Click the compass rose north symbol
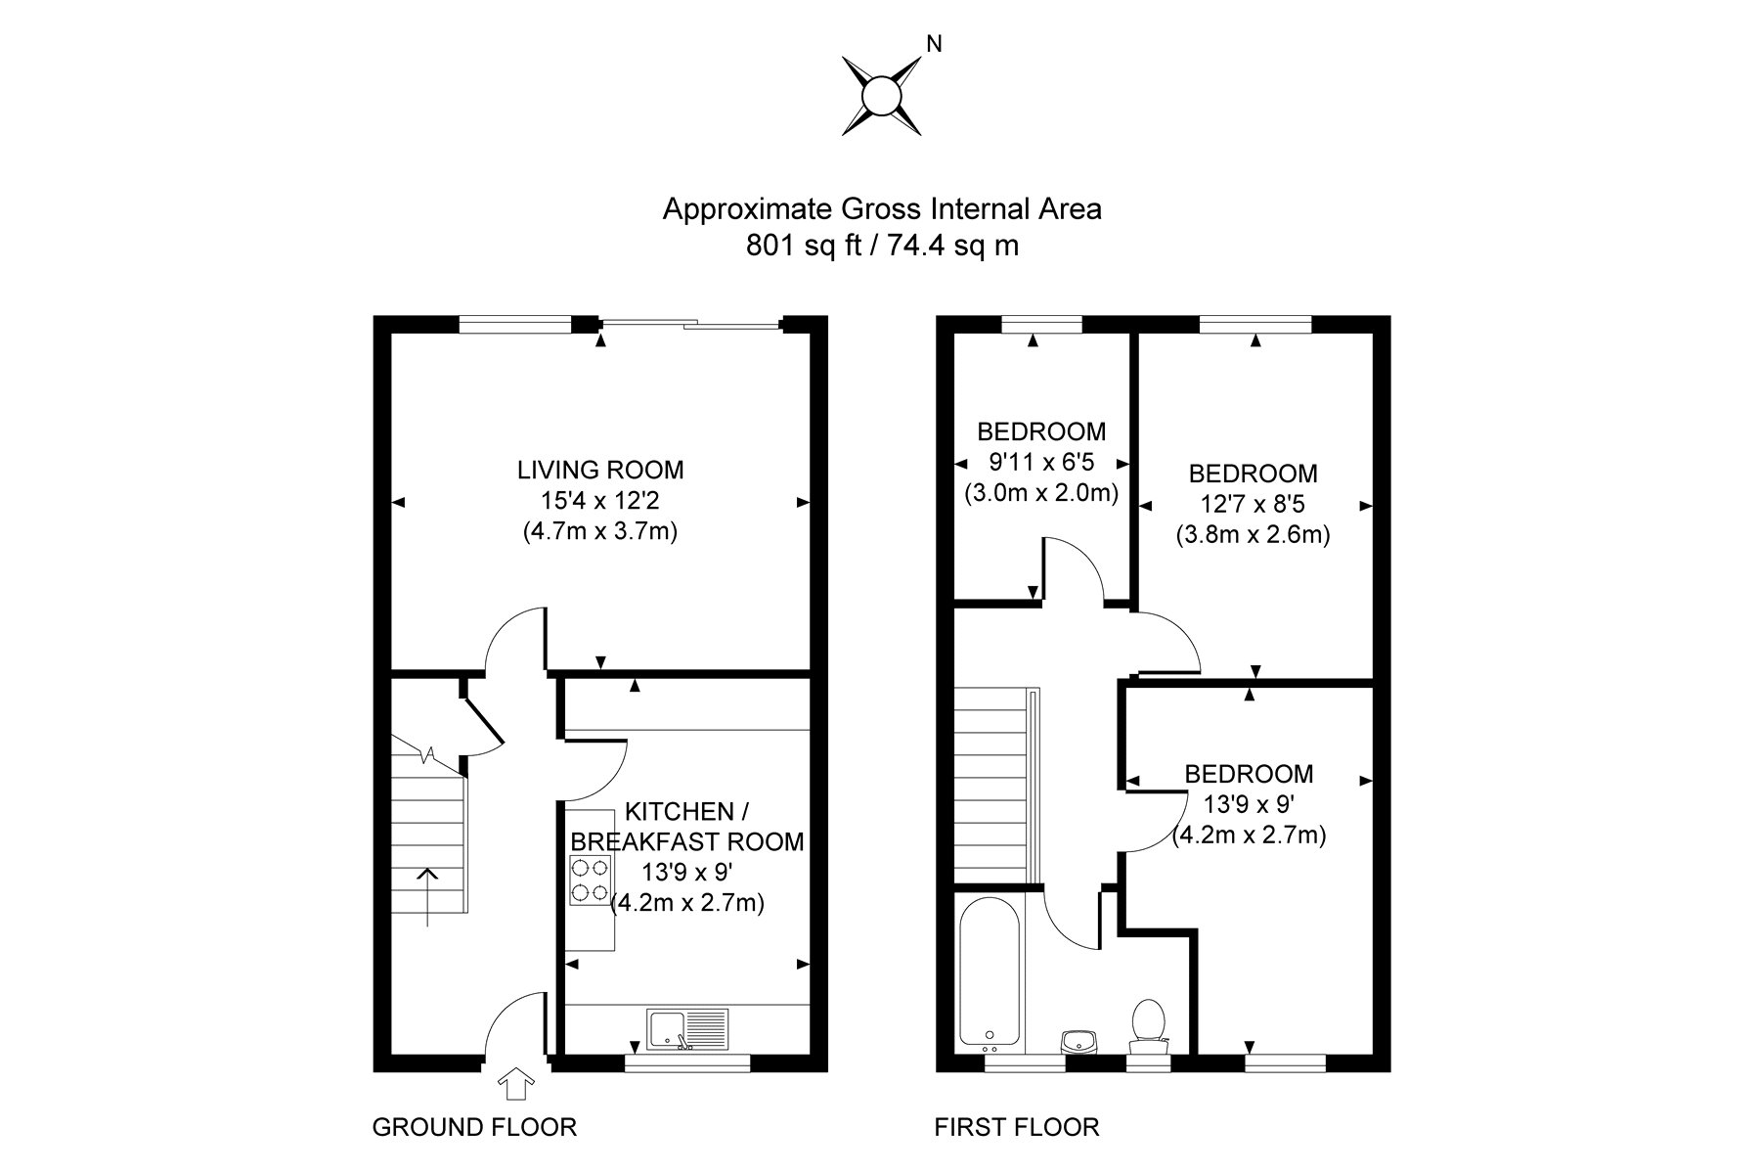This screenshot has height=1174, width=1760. pyautogui.click(x=881, y=96)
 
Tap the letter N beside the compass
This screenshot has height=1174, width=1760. pyautogui.click(x=934, y=44)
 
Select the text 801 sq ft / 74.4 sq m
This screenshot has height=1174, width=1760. pyautogui.click(x=882, y=246)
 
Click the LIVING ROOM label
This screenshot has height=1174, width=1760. pyautogui.click(x=600, y=470)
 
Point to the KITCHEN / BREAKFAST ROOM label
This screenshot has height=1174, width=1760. pyautogui.click(x=686, y=827)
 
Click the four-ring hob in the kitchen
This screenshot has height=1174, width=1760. pyautogui.click(x=590, y=880)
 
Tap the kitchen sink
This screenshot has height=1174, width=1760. pyautogui.click(x=686, y=1029)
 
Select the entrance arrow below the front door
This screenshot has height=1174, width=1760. pyautogui.click(x=517, y=1084)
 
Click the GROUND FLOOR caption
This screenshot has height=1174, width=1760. pyautogui.click(x=474, y=1127)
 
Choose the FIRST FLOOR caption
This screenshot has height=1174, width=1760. pyautogui.click(x=1017, y=1127)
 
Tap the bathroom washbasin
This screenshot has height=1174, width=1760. pyautogui.click(x=1080, y=1040)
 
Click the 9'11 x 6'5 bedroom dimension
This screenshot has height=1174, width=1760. pyautogui.click(x=1040, y=463)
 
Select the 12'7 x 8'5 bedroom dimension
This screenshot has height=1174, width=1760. pyautogui.click(x=1253, y=505)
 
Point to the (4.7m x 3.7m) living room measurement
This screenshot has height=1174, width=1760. pyautogui.click(x=600, y=532)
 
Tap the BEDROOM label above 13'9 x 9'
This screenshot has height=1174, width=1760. pyautogui.click(x=1249, y=774)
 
